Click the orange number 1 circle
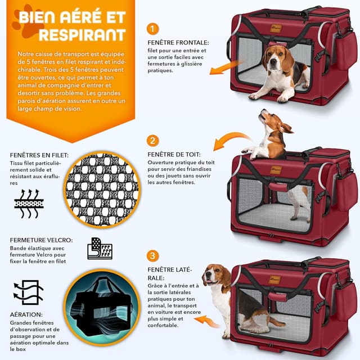click(152, 29)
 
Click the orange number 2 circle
click(152, 140)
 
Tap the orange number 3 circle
click(152, 256)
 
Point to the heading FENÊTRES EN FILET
click(39, 155)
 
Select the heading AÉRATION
click(26, 315)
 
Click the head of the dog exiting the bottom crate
click(215, 276)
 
